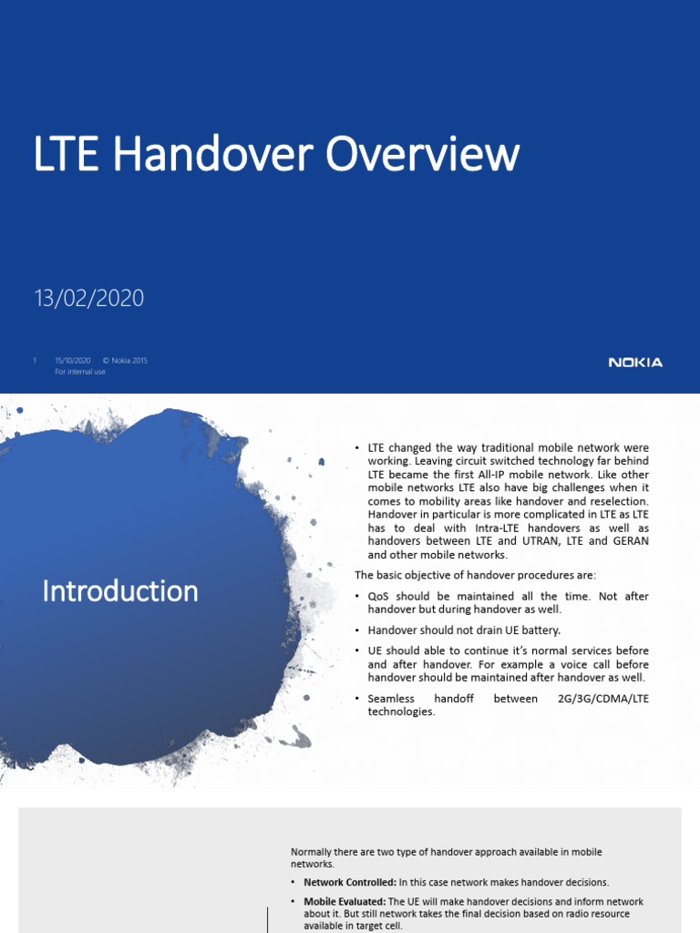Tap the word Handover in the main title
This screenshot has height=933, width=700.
(x=215, y=155)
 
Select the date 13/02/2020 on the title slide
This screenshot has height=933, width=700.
(x=88, y=298)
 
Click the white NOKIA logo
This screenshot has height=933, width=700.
(x=635, y=363)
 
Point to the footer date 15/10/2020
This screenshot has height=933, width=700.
(x=73, y=361)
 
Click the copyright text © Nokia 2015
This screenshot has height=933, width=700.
(x=124, y=361)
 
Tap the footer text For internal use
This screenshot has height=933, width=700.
(x=80, y=372)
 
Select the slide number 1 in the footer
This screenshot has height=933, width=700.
(x=35, y=361)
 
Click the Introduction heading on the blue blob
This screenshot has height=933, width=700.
(x=120, y=591)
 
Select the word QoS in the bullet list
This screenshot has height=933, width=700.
(x=379, y=596)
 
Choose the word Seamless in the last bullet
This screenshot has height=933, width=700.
(x=391, y=699)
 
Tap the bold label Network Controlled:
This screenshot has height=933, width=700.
(x=350, y=882)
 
